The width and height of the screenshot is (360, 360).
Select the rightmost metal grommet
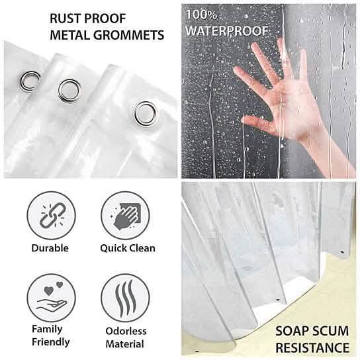coord(144,112)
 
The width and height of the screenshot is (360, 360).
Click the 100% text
coord(200,13)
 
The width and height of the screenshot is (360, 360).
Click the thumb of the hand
coord(257,123)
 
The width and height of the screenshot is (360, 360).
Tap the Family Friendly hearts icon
coord(50,299)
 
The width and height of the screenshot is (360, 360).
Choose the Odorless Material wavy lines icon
coord(126,299)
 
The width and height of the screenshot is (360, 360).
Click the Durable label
coord(50,249)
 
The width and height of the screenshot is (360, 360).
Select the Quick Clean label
coord(128,249)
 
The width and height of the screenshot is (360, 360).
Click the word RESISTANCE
coord(312,347)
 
